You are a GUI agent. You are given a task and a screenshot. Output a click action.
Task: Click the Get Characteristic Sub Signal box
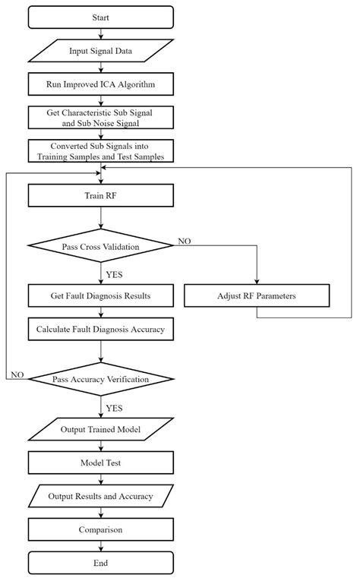click(101, 115)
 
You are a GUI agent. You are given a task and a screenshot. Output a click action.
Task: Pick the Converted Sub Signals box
click(101, 150)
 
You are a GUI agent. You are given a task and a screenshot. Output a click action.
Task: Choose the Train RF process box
click(101, 195)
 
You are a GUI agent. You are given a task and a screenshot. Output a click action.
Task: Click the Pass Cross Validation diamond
click(101, 245)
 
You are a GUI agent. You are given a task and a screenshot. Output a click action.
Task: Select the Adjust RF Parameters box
click(257, 295)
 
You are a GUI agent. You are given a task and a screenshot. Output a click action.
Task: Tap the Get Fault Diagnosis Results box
click(101, 295)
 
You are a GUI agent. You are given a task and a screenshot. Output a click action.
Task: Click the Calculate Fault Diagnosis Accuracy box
click(101, 329)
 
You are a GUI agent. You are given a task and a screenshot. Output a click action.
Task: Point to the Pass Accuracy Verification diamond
click(101, 377)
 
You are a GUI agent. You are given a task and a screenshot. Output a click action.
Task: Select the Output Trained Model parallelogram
click(101, 429)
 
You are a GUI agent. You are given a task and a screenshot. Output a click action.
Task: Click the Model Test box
click(101, 463)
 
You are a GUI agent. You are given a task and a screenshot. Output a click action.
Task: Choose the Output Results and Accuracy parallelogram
click(101, 496)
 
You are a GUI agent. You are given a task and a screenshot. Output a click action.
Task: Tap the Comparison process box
click(101, 529)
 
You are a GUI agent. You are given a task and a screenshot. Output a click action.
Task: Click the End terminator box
click(101, 563)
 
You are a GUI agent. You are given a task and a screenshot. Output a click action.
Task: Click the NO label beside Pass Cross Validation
click(185, 240)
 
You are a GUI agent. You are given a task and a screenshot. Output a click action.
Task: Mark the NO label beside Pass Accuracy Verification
click(17, 374)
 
